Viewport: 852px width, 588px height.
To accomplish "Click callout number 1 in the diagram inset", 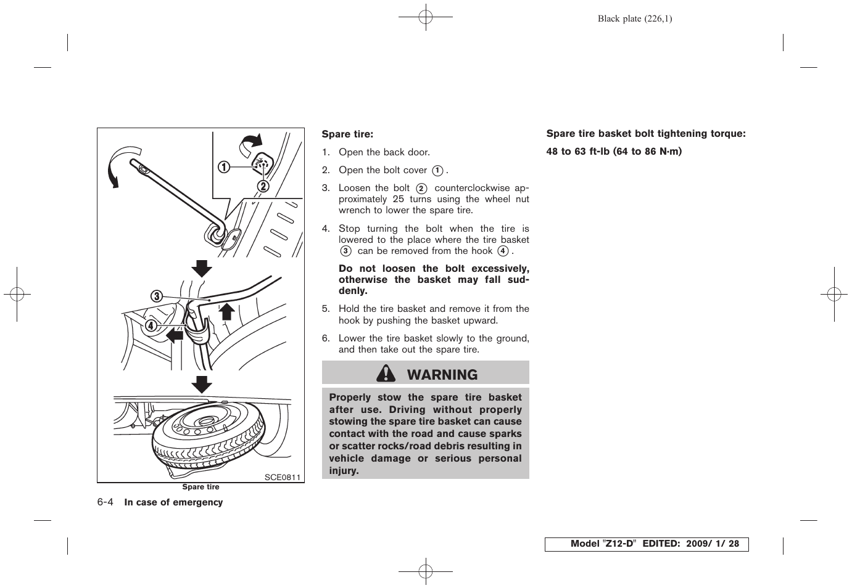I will click(x=223, y=166).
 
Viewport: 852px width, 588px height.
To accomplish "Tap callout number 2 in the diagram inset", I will click(x=263, y=186).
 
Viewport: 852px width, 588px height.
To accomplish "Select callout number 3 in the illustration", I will click(x=157, y=296).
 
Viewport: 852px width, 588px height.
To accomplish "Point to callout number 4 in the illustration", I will click(x=150, y=325).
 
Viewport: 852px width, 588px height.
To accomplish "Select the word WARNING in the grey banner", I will click(x=442, y=375).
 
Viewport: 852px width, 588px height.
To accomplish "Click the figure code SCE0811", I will click(x=282, y=477).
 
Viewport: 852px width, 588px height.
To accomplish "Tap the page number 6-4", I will click(x=105, y=502).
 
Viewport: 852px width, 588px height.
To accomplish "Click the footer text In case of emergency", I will click(x=173, y=502).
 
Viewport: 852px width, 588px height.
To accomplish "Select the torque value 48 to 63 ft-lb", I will click(x=577, y=152).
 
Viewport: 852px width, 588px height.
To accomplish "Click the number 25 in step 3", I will click(x=399, y=199).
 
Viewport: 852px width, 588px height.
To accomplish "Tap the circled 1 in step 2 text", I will click(x=437, y=171).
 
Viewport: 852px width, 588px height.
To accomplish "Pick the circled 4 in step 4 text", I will click(x=503, y=251).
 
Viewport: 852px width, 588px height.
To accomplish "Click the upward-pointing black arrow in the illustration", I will click(x=227, y=311).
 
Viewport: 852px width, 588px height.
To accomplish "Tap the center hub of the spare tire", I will click(x=204, y=423).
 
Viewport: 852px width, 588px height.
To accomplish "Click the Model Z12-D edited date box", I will click(x=646, y=544).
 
